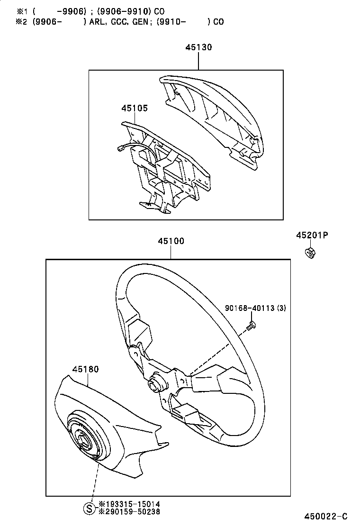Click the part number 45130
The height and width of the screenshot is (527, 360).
198,47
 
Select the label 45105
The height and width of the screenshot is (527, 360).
134,109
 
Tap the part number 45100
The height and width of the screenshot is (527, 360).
171,241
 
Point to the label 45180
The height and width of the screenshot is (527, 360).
85,369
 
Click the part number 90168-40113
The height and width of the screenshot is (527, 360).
250,309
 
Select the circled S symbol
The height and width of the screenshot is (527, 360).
89,508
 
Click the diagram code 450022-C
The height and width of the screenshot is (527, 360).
326,516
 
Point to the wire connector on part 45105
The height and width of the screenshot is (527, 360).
120,149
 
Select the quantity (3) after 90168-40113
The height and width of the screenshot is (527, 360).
281,309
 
